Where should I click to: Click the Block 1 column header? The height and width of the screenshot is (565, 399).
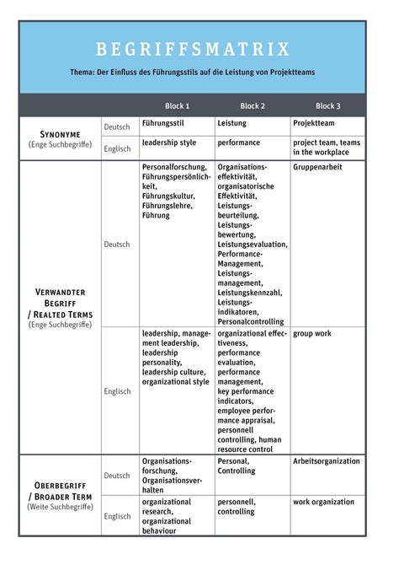pos(176,106)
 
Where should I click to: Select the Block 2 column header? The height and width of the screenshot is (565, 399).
pos(253,106)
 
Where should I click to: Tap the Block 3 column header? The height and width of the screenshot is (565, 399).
pos(328,106)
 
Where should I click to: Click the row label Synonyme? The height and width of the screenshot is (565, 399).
pos(61,134)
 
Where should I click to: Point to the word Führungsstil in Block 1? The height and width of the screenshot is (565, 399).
pos(163,123)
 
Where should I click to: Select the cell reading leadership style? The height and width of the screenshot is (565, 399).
pos(169,143)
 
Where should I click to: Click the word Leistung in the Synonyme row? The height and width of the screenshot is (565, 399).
pos(232,123)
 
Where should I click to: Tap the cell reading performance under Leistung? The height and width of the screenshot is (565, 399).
pos(239,143)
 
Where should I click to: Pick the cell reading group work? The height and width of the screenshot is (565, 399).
pos(312,333)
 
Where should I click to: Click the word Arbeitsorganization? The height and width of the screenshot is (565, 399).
pos(327,461)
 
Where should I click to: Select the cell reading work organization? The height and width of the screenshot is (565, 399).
pos(324,502)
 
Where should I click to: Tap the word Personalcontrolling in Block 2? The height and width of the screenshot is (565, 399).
pos(251,321)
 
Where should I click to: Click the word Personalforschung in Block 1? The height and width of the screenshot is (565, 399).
pos(173,167)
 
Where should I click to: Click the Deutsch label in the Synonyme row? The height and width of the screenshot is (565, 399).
pos(117,126)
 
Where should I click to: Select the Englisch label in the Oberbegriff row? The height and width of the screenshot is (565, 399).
pos(117,516)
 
